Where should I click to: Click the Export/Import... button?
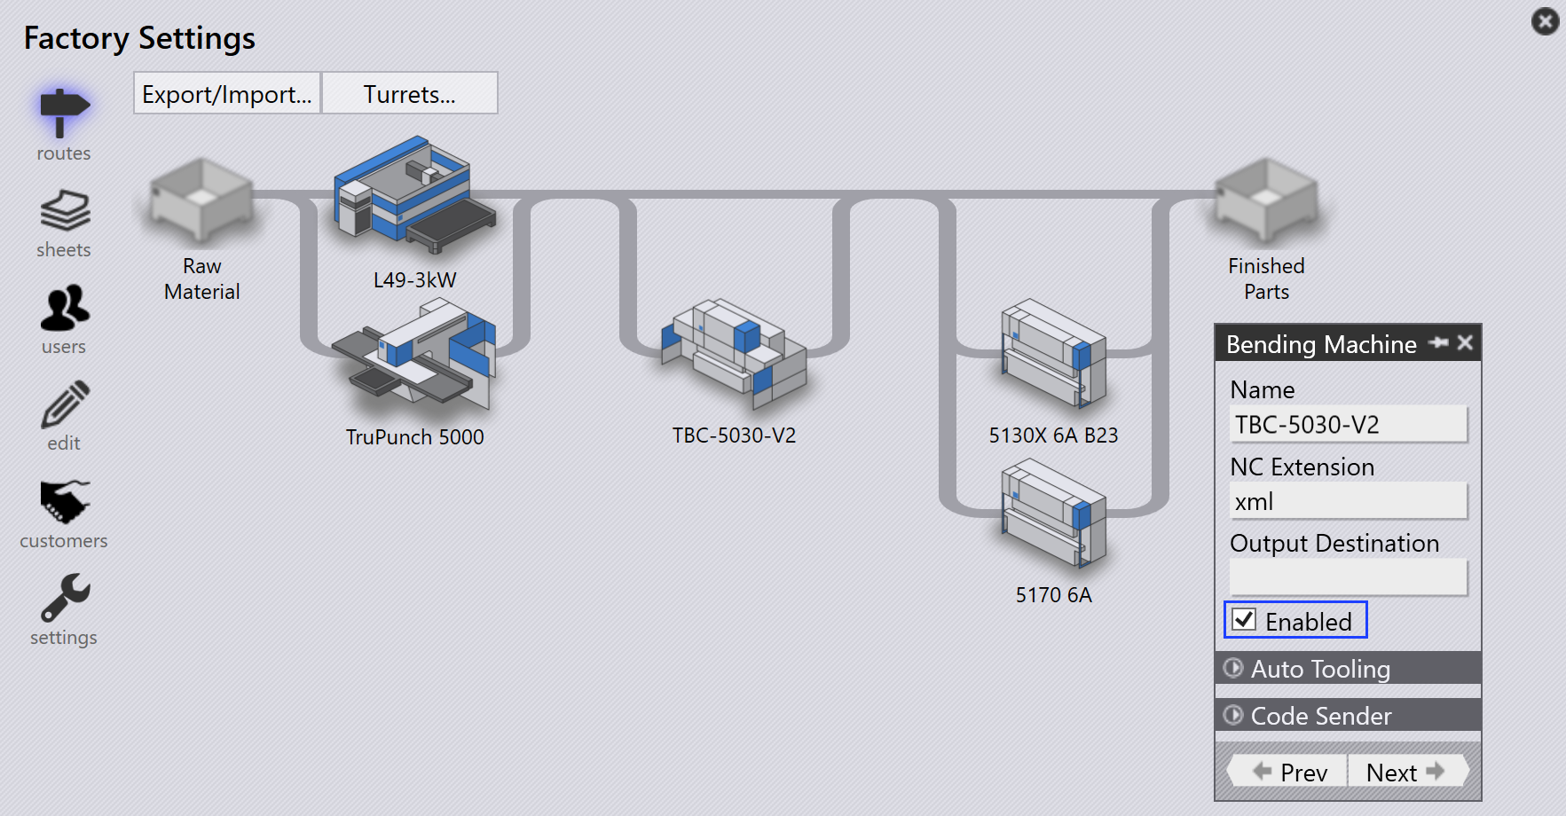[x=227, y=93]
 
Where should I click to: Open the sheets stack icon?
[x=65, y=210]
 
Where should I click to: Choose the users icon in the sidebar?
[x=65, y=308]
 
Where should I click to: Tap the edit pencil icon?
[x=65, y=404]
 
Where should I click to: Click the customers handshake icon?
[x=65, y=502]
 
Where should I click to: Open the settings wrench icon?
[x=65, y=597]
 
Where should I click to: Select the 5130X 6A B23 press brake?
[x=1054, y=353]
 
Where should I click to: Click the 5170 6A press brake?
[x=1054, y=513]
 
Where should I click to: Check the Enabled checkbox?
[x=1245, y=620]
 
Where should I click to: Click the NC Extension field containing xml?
[x=1348, y=501]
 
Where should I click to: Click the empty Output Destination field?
[x=1348, y=577]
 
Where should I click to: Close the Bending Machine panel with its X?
[x=1465, y=342]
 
